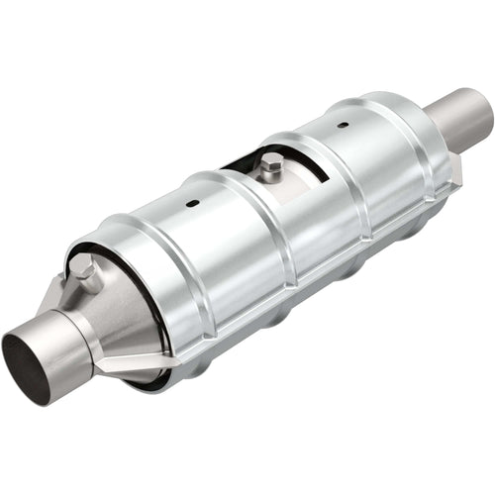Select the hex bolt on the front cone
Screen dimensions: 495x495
[86, 274]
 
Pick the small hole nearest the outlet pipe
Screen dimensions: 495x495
[343, 126]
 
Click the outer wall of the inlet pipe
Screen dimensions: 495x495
[59, 342]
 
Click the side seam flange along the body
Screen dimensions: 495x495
[297, 287]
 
